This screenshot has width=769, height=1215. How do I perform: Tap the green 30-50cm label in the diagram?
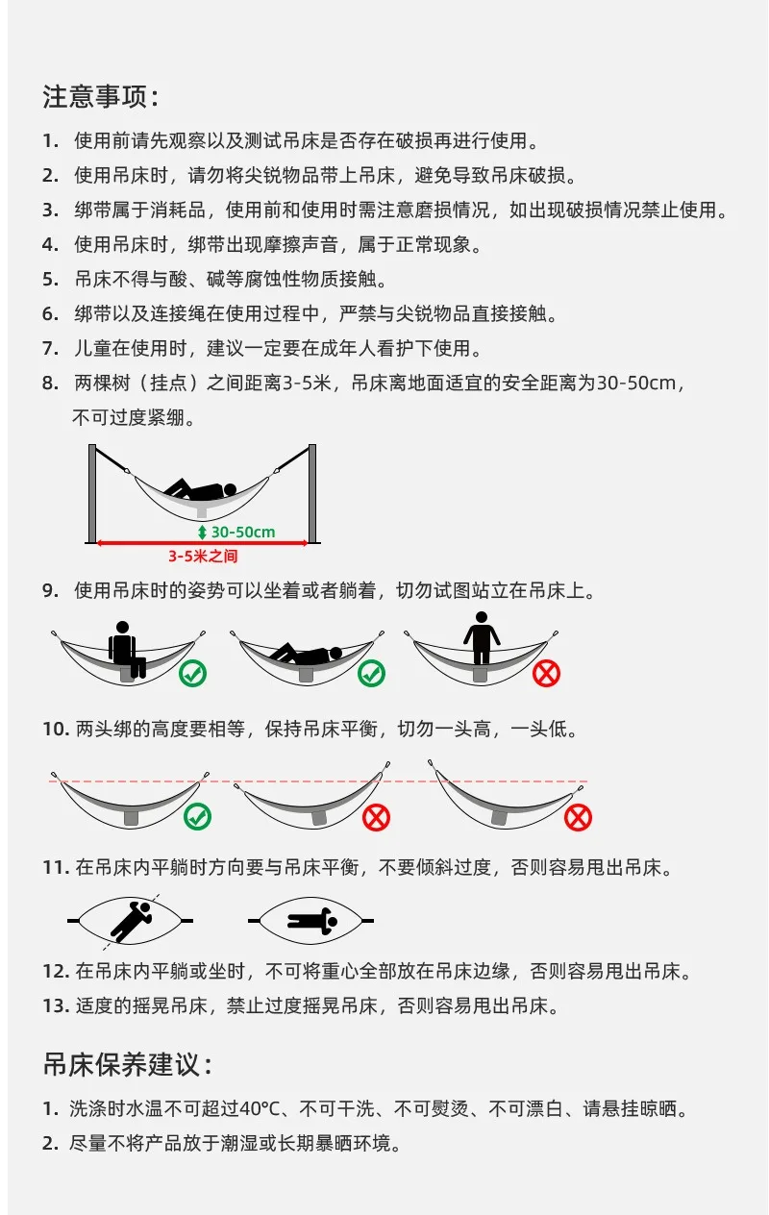click(243, 533)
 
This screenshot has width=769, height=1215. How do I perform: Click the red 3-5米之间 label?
click(203, 556)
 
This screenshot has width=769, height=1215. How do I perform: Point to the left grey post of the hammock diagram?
click(92, 494)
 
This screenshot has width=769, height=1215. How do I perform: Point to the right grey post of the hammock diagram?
click(312, 494)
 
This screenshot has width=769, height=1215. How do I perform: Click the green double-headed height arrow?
click(202, 533)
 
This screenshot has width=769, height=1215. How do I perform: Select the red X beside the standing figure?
click(546, 674)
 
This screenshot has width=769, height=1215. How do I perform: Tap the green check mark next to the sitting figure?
click(192, 674)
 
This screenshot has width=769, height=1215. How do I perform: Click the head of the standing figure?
click(481, 617)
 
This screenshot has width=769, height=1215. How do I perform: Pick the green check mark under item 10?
click(197, 817)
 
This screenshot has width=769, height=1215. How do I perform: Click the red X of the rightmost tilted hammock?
click(578, 817)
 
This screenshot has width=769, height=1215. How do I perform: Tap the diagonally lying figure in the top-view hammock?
click(132, 921)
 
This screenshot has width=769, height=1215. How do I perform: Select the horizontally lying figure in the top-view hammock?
click(312, 921)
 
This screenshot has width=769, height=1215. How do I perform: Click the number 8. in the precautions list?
click(50, 384)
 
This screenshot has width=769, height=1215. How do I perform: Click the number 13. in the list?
click(57, 1006)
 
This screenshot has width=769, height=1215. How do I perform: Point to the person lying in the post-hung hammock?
click(201, 490)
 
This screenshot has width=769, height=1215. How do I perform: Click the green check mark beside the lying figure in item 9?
click(371, 674)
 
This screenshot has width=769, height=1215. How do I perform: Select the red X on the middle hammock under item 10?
click(377, 817)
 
